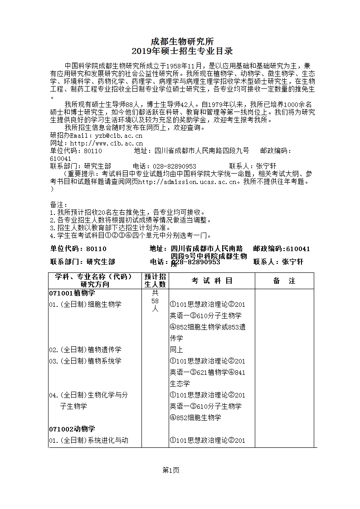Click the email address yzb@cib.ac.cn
pyautogui.click(x=118, y=135)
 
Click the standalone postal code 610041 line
pyautogui.click(x=60, y=159)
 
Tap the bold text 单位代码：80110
pyautogui.click(x=78, y=249)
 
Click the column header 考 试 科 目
pyautogui.click(x=212, y=281)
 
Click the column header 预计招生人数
pyautogui.click(x=155, y=281)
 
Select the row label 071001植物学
pyautogui.click(x=72, y=293)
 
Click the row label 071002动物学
pyautogui.click(x=72, y=429)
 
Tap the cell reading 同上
pyautogui.click(x=176, y=349)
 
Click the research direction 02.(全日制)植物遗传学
pyautogui.click(x=85, y=349)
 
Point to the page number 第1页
pyautogui.click(x=171, y=470)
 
